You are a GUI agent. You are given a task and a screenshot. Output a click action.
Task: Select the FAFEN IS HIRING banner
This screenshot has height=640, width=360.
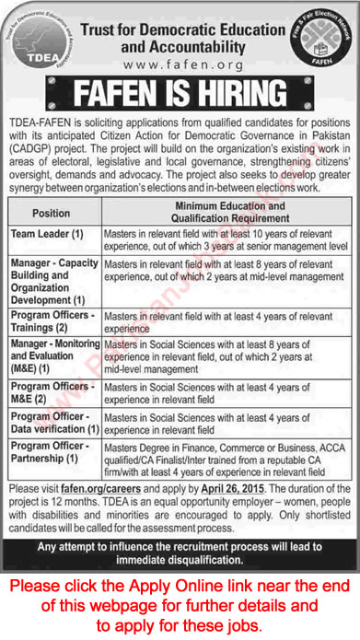(180, 95)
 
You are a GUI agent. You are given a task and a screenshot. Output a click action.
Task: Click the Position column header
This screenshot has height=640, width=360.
(51, 212)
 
